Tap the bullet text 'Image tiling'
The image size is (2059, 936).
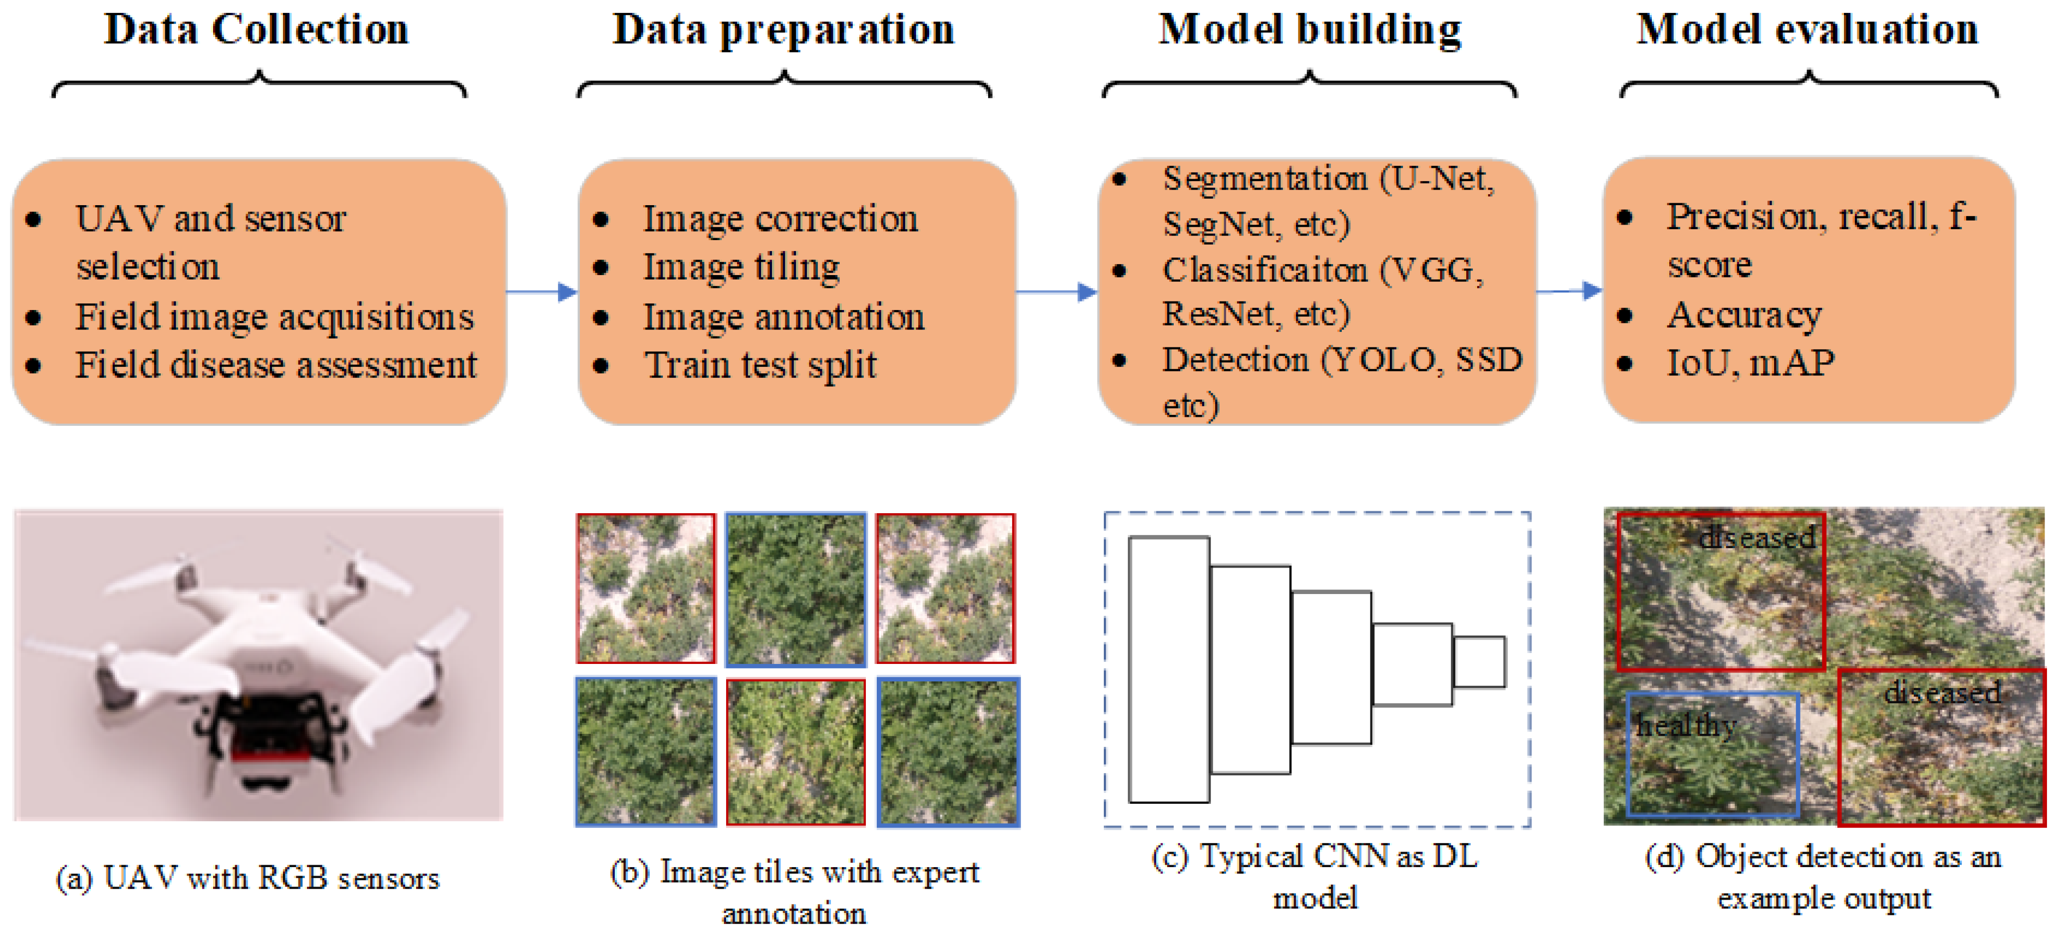tap(741, 267)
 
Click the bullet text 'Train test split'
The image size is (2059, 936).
tap(760, 365)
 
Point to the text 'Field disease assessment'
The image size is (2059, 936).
tap(276, 365)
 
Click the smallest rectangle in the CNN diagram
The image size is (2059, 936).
tap(1479, 662)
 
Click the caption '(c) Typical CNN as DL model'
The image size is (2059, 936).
tap(1315, 876)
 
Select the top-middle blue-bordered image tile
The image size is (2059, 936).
tap(795, 589)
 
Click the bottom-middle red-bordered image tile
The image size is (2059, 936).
tap(795, 751)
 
